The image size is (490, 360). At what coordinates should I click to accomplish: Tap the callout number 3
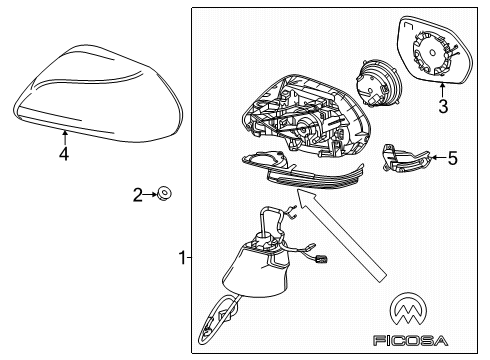click(444, 103)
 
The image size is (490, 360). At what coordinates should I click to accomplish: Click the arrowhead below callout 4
click(63, 131)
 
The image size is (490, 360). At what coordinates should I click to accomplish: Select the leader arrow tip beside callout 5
click(431, 157)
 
